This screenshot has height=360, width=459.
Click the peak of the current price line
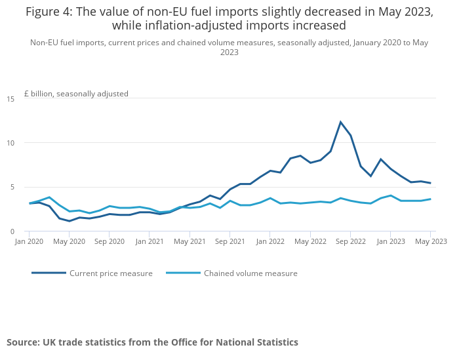(340, 122)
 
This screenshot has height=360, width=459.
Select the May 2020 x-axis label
(69, 241)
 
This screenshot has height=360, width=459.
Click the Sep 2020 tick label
(109, 241)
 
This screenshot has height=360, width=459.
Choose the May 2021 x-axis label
(190, 241)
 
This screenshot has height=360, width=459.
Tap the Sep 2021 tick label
(229, 241)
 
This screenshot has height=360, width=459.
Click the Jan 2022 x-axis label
(269, 241)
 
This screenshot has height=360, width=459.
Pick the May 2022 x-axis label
(310, 241)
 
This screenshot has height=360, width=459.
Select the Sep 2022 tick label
(350, 241)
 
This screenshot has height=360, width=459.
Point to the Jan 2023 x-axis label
(390, 241)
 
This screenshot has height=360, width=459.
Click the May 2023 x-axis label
(431, 241)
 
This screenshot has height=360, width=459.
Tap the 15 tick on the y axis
(10, 99)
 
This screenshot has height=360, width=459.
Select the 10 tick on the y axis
(10, 143)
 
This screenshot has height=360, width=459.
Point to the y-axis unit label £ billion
(76, 94)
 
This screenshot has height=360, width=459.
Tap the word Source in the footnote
(22, 342)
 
